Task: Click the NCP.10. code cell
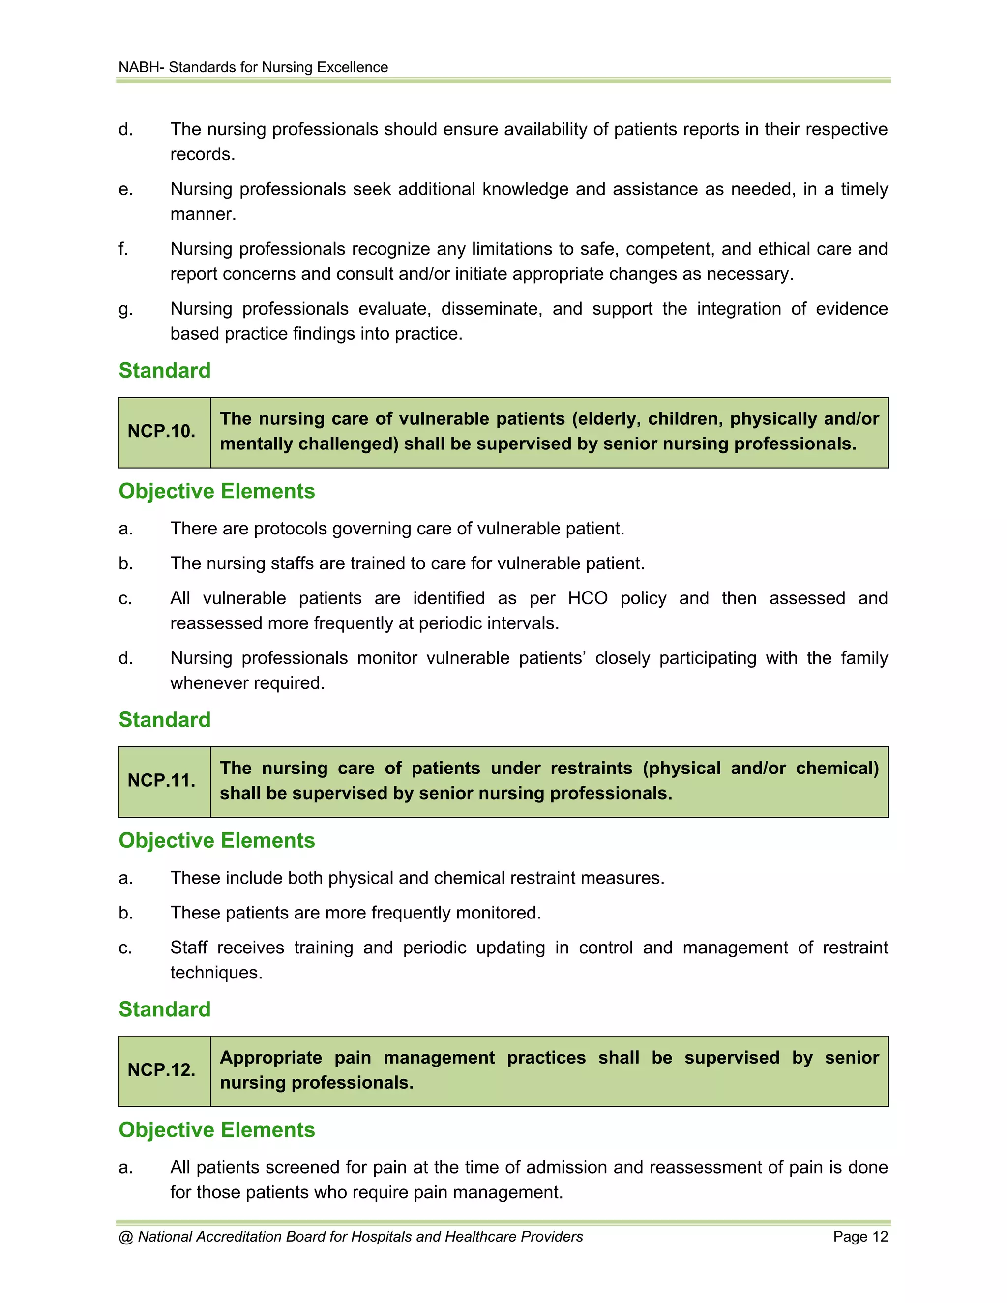pos(162,431)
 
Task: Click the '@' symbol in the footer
pos(125,1236)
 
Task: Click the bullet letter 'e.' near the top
pos(125,189)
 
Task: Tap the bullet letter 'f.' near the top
pos(123,249)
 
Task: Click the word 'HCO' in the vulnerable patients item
pos(587,598)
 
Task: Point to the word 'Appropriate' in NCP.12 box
pos(271,1057)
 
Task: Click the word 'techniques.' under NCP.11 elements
pos(216,973)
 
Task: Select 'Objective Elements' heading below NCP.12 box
pos(216,1129)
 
